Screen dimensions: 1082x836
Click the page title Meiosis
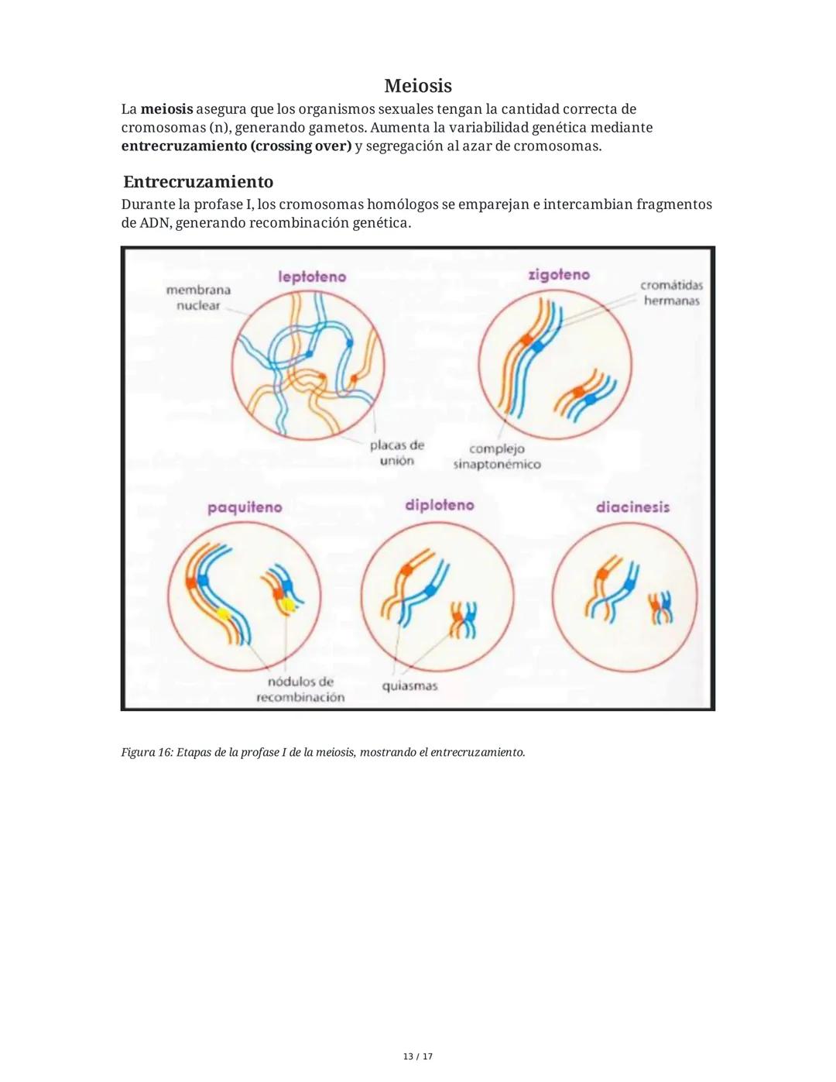417,85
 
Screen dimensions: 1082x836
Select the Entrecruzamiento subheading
198,182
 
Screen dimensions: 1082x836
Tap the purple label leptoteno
312,277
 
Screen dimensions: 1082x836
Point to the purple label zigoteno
558,275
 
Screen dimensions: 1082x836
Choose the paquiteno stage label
245,507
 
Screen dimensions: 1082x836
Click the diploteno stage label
439,505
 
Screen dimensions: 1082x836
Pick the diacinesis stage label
632,507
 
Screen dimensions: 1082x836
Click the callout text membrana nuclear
198,297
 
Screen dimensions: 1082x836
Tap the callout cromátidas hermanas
671,293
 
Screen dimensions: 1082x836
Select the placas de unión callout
396,453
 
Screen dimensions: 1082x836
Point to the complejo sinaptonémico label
497,457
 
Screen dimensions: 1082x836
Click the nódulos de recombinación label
300,689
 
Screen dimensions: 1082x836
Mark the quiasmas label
409,686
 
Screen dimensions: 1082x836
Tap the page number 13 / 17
417,1056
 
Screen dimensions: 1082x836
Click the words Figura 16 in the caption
146,753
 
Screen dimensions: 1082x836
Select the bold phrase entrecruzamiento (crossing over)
236,146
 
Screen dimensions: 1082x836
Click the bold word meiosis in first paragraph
166,109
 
